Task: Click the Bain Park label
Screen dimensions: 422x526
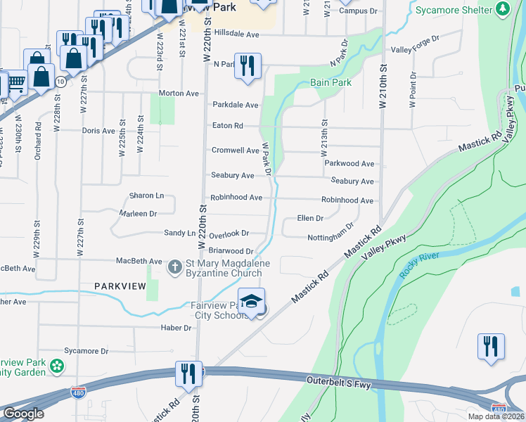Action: tap(331, 82)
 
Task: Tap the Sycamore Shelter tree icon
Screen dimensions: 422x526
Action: tap(502, 10)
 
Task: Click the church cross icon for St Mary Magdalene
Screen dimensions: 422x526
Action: tap(174, 267)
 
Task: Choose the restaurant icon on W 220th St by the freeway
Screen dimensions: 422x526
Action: tap(188, 373)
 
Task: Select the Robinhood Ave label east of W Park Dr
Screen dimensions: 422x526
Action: tap(347, 200)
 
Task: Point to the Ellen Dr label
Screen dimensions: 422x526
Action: tap(310, 219)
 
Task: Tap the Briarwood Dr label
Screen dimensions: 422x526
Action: tap(231, 251)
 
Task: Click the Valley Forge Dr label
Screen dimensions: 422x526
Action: tap(416, 50)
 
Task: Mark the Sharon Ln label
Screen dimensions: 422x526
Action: tap(146, 196)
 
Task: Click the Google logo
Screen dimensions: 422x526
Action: tap(23, 414)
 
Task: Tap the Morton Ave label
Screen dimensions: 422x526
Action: tap(179, 93)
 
